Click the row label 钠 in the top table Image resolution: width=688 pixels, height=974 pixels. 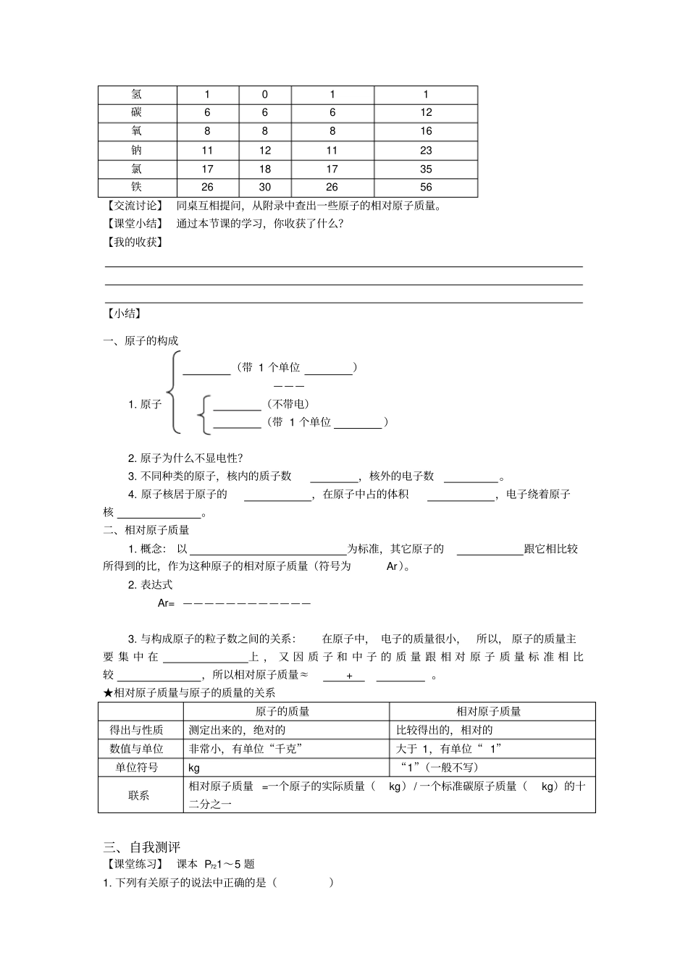pyautogui.click(x=137, y=150)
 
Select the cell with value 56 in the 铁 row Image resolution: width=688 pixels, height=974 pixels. pyautogui.click(x=425, y=188)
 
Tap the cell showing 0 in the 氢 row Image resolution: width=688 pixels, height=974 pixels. pyautogui.click(x=264, y=94)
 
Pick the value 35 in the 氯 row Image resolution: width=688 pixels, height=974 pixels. pyautogui.click(x=425, y=169)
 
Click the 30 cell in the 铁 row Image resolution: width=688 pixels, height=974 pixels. pyautogui.click(x=264, y=188)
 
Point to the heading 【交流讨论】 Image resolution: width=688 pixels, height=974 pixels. pyautogui.click(x=135, y=205)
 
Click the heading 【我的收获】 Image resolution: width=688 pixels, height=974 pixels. pyautogui.click(x=135, y=242)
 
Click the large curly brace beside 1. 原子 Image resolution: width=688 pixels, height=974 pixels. pyautogui.click(x=172, y=393)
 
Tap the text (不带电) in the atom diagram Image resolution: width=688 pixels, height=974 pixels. pyautogui.click(x=288, y=404)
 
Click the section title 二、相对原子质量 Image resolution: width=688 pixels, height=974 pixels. pyautogui.click(x=146, y=530)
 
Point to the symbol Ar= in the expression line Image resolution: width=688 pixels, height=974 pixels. pyautogui.click(x=166, y=603)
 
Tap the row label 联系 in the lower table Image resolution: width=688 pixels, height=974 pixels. pyautogui.click(x=139, y=795)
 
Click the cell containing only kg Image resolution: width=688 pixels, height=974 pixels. pyautogui.click(x=194, y=768)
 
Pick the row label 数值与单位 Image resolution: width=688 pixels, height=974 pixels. pyautogui.click(x=136, y=749)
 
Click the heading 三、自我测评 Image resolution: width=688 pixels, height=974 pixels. pyautogui.click(x=142, y=847)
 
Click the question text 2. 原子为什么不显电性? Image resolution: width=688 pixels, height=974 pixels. pyautogui.click(x=185, y=458)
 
